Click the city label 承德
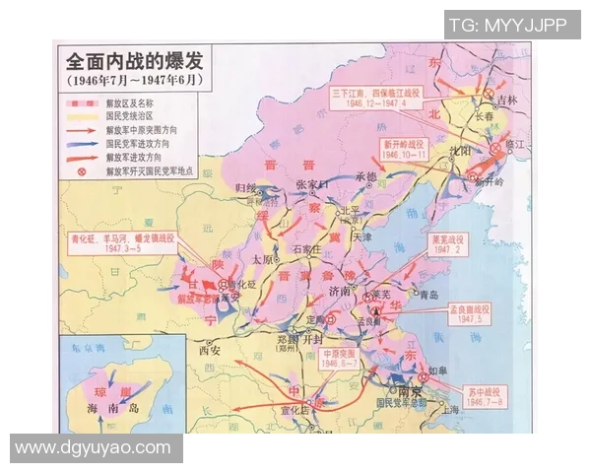click(x=365, y=177)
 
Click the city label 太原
click(x=262, y=259)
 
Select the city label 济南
click(x=340, y=293)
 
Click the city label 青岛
click(x=428, y=295)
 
